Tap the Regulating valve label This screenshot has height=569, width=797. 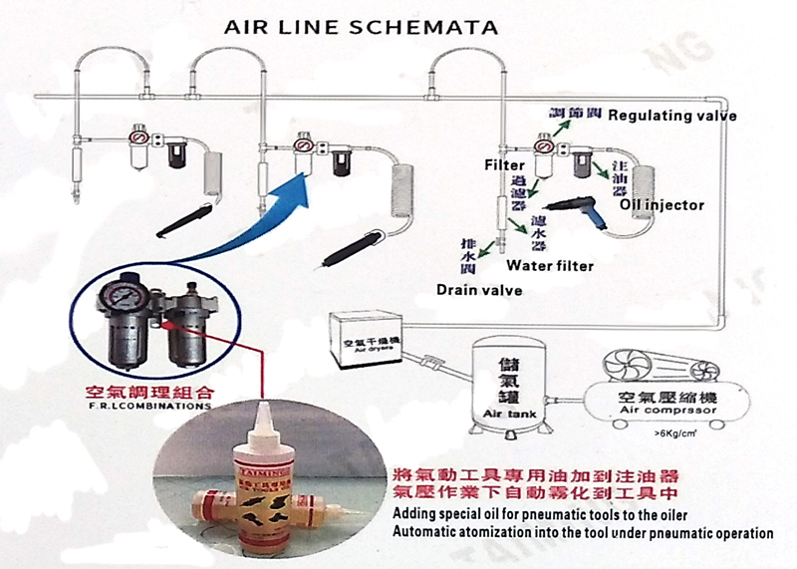(672, 116)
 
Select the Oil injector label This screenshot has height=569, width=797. (663, 206)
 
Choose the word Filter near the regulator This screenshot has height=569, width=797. (504, 162)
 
